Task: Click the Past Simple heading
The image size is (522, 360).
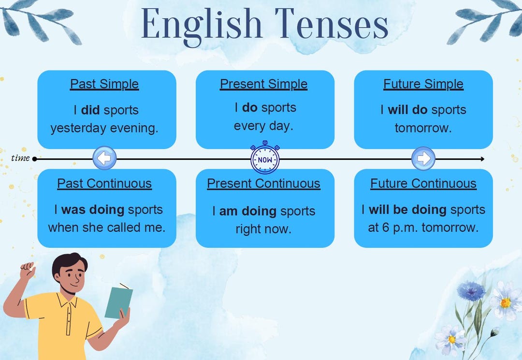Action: click(104, 84)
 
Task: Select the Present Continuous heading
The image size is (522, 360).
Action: click(263, 184)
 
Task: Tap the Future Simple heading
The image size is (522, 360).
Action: click(423, 84)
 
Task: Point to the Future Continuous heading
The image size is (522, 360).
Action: click(423, 184)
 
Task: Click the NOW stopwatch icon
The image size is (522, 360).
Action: click(265, 158)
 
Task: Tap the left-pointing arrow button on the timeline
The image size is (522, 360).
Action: click(104, 158)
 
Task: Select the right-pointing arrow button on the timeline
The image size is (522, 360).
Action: click(423, 158)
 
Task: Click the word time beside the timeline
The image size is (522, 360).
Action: click(20, 158)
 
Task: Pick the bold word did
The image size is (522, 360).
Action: click(90, 110)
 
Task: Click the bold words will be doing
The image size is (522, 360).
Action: click(407, 210)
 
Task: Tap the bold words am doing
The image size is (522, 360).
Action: click(248, 211)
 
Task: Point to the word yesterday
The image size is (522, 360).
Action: click(78, 129)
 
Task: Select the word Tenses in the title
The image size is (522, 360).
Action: click(332, 24)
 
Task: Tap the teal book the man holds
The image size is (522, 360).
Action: click(118, 302)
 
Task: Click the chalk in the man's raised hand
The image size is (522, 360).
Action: click(33, 265)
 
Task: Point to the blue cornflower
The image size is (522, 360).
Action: click(471, 291)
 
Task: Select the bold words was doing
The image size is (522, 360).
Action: click(93, 210)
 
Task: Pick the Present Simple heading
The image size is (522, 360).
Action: click(263, 84)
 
